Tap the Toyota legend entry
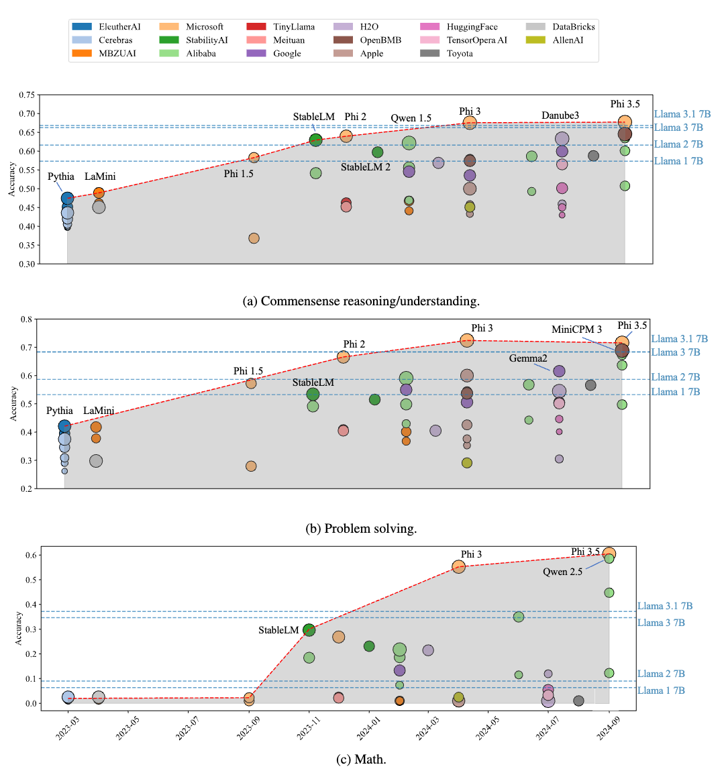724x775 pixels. pos(460,54)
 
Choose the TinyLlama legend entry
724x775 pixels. pos(293,27)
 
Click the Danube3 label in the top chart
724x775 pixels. pos(560,115)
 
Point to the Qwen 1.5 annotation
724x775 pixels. pos(411,118)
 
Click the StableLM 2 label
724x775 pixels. pos(365,167)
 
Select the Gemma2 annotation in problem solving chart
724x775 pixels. pos(528,358)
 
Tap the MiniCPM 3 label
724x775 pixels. pos(576,329)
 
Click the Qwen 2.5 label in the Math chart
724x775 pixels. pos(562,572)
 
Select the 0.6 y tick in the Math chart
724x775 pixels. pos(30,555)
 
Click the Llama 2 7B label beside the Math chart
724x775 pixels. pos(661,674)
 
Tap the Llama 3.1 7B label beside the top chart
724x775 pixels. pos(682,115)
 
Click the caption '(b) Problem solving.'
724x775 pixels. pos(361,529)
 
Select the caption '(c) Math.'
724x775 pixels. pos(361,760)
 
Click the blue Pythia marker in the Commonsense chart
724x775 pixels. pos(67,198)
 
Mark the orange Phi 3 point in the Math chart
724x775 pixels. pos(458,566)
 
